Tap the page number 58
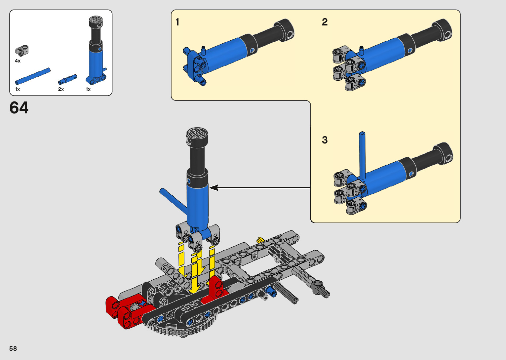13,348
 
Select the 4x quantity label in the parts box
18,61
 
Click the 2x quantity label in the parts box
61,89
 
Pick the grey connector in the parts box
22,50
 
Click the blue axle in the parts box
33,76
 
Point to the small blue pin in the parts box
67,79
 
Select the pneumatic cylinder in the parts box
97,50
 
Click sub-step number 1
177,22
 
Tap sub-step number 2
325,22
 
